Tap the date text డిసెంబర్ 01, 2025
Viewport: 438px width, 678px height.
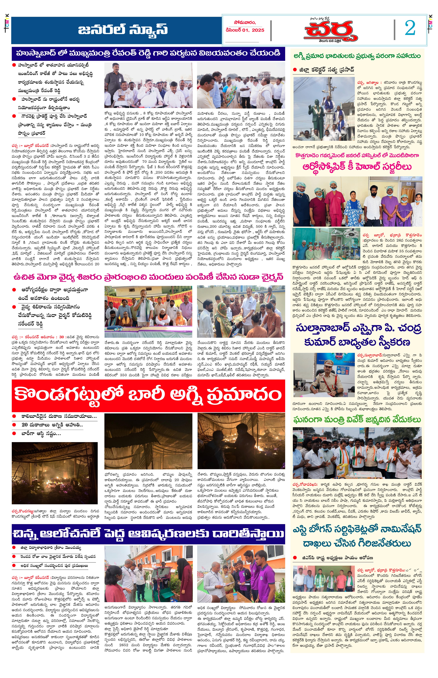(245, 30)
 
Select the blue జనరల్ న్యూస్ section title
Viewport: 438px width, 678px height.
(123, 29)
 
